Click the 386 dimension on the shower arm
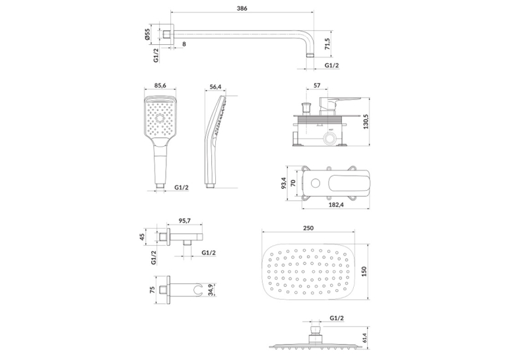coord(242,9)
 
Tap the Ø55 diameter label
coord(147,34)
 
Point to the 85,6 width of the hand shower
coord(160,85)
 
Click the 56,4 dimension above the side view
coord(215,87)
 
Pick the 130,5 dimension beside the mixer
coord(366,122)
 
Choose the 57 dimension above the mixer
coord(317,85)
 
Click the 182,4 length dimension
coord(335,204)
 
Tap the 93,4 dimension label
coord(284,184)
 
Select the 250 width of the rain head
coord(308,228)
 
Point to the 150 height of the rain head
coord(364,271)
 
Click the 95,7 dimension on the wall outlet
coord(185,221)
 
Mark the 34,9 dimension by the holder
coord(211,290)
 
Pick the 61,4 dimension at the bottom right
coord(364,338)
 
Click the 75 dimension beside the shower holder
coord(152,289)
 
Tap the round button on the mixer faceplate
coord(315,184)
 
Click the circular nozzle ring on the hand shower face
coord(160,119)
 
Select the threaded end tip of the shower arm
coord(310,55)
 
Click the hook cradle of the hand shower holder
coord(199,289)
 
